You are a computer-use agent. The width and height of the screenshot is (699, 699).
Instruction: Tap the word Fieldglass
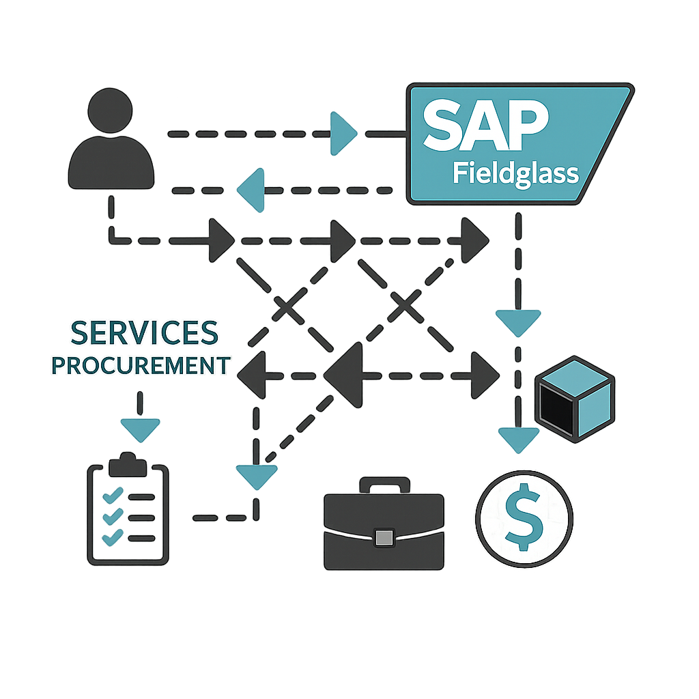[515, 173]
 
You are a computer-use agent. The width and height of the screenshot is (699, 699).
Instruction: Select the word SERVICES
[145, 332]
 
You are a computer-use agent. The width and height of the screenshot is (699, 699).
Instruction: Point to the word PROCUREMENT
[141, 365]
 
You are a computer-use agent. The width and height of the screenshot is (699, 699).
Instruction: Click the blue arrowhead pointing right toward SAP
[343, 134]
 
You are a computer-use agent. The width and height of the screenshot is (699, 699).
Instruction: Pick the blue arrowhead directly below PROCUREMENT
[139, 429]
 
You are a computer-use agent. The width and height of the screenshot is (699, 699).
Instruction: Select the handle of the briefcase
[384, 485]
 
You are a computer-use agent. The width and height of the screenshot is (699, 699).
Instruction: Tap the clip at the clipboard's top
[128, 465]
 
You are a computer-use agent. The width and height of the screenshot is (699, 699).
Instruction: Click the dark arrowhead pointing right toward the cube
[486, 375]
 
